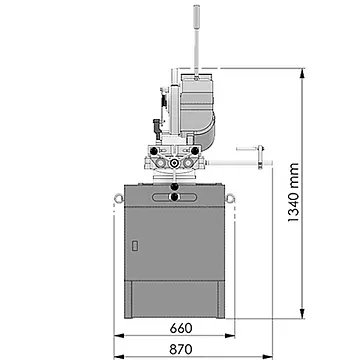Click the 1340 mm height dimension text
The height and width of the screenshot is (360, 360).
click(x=294, y=193)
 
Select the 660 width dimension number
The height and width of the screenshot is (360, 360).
click(x=181, y=328)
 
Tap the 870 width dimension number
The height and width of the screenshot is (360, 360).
click(x=181, y=349)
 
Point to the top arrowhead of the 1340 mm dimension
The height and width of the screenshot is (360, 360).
click(x=302, y=73)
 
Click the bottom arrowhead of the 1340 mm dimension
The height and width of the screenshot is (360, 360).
click(x=302, y=314)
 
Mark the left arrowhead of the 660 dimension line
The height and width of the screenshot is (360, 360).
click(x=119, y=336)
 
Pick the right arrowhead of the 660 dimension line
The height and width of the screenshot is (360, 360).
click(x=230, y=336)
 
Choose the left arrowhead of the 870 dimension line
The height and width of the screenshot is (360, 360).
click(x=119, y=357)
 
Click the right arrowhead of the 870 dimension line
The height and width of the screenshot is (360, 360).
click(x=268, y=357)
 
